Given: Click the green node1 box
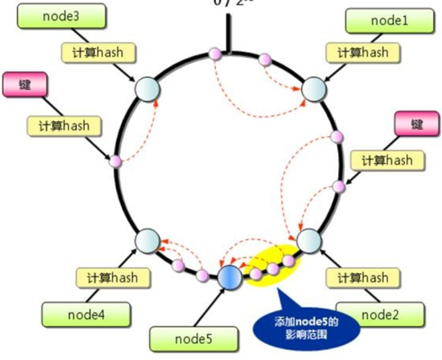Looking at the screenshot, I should pyautogui.click(x=380, y=21).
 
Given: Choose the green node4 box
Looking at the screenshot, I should pyautogui.click(x=76, y=313).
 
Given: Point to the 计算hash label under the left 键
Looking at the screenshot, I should pyautogui.click(x=67, y=125).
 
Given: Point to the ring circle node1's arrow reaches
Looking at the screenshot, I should pyautogui.click(x=314, y=88).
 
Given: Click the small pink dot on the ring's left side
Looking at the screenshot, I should pyautogui.click(x=115, y=161).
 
